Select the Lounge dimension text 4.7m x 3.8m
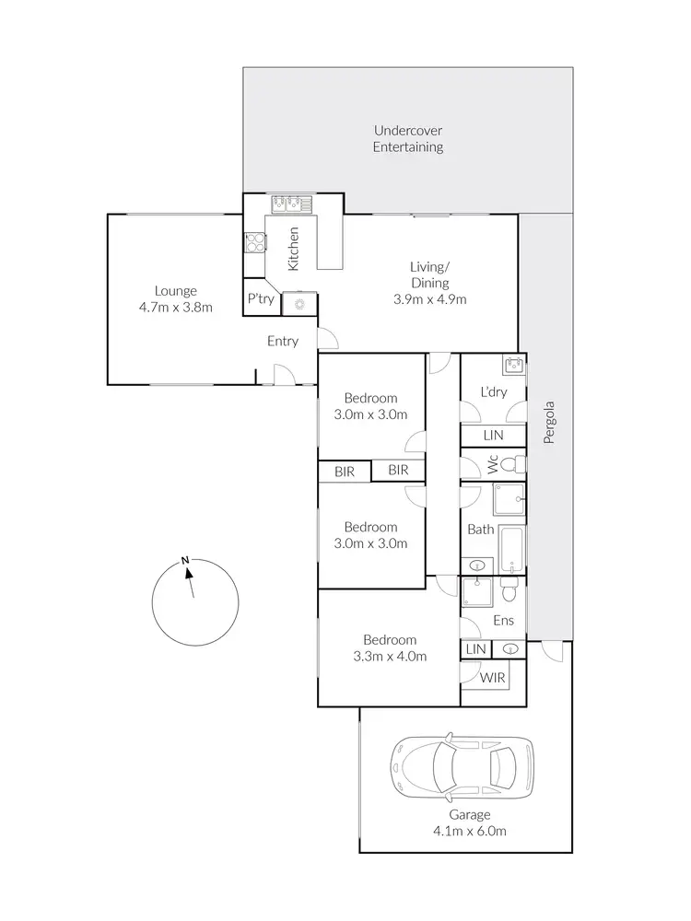click(176, 308)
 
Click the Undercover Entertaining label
click(408, 138)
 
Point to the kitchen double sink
click(291, 204)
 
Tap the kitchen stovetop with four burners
click(254, 243)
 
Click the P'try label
click(257, 299)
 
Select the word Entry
click(283, 341)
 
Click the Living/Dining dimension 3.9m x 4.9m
click(429, 299)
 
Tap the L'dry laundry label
click(493, 391)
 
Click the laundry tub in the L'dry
click(513, 365)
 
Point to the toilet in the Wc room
click(517, 462)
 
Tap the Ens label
click(503, 621)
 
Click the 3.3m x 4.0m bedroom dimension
click(389, 657)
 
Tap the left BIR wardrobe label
click(345, 471)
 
